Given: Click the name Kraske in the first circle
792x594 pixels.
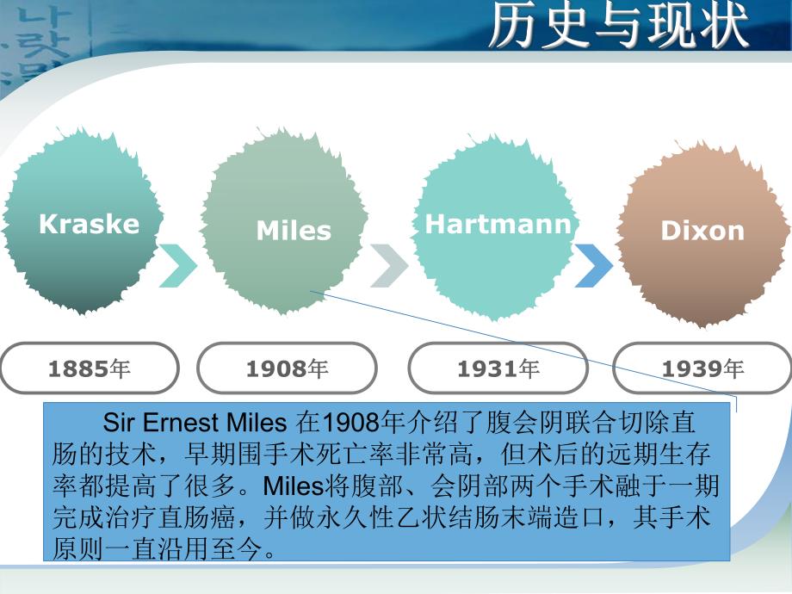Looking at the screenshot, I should [89, 224].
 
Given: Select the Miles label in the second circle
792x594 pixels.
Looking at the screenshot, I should [294, 231].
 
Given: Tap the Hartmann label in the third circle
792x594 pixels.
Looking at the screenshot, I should [498, 225].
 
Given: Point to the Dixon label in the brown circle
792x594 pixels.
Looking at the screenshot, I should [702, 231].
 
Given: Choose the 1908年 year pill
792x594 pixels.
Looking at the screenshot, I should [287, 368].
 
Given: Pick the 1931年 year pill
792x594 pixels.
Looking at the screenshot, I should [498, 368].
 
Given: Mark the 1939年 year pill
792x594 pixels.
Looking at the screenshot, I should [702, 368].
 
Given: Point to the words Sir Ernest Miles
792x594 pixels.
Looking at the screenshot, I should [194, 424].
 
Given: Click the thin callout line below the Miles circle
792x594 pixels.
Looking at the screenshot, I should [517, 343].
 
